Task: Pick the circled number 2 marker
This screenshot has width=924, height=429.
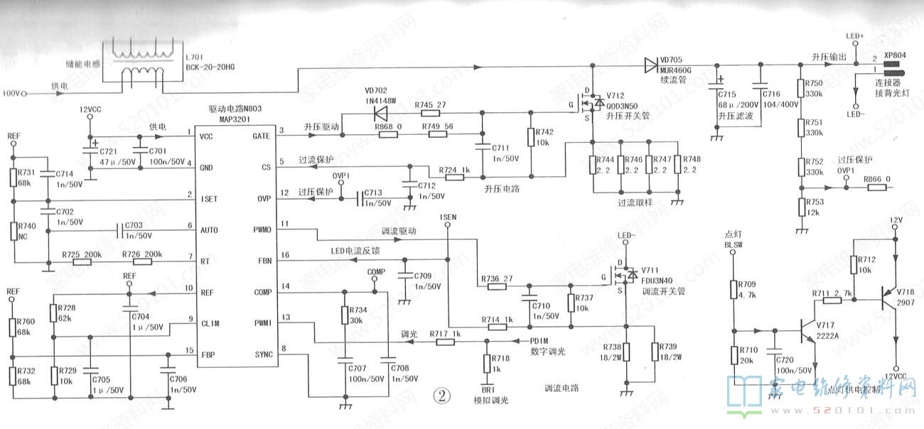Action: [x=444, y=396]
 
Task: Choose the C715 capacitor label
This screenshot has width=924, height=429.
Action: [x=727, y=94]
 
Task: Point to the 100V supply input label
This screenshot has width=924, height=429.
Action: [x=14, y=93]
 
